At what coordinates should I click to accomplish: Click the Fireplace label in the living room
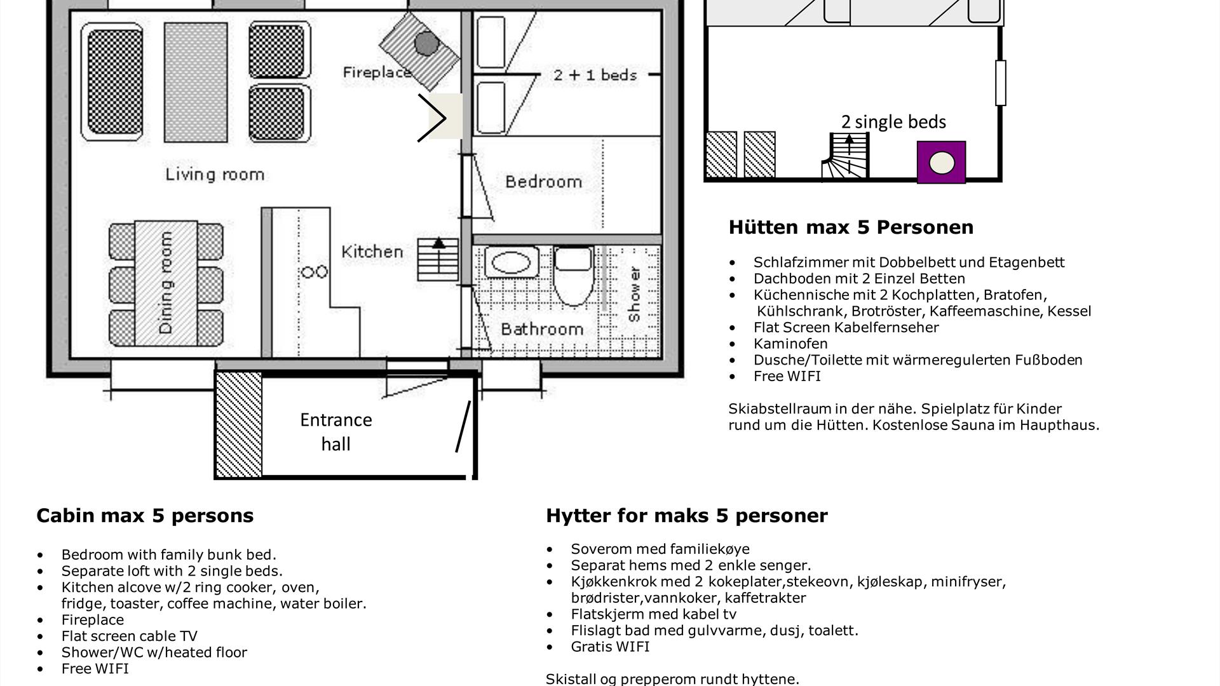[x=377, y=72]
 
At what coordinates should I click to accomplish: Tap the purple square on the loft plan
[x=941, y=163]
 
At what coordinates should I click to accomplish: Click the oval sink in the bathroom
[x=512, y=262]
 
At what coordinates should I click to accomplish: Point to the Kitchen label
[x=372, y=252]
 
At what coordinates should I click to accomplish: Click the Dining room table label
[x=166, y=283]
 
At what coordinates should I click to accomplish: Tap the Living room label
[x=215, y=175]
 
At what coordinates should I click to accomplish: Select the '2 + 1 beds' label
[x=595, y=75]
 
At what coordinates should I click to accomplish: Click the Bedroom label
[x=543, y=182]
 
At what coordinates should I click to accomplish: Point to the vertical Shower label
[x=634, y=294]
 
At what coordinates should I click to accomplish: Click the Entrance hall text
[x=336, y=432]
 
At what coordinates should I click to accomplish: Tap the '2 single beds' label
[x=893, y=122]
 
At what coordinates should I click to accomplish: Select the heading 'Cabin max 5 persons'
[x=145, y=515]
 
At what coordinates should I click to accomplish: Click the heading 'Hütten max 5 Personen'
[x=851, y=227]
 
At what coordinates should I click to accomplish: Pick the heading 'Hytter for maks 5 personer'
[x=687, y=515]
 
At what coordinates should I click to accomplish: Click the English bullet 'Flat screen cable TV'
[x=130, y=636]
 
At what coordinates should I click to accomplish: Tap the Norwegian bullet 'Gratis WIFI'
[x=610, y=647]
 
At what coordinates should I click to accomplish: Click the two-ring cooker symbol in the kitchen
[x=315, y=272]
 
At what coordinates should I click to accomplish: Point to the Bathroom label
[x=542, y=329]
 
